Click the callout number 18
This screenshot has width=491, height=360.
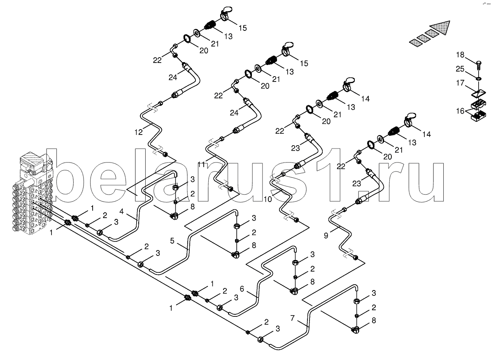(x=460, y=55)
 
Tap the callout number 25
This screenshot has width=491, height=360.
(x=460, y=69)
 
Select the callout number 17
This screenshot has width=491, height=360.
(x=460, y=83)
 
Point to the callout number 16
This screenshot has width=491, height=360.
(x=460, y=111)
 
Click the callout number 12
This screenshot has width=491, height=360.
(x=138, y=132)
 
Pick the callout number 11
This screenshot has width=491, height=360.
(x=201, y=164)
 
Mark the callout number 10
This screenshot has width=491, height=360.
(x=268, y=199)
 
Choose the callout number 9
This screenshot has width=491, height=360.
(x=326, y=235)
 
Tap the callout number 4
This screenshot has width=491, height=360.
(x=121, y=212)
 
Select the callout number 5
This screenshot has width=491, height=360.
(x=172, y=241)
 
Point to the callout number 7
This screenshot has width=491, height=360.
(x=293, y=318)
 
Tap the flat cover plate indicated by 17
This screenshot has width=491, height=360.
(x=478, y=93)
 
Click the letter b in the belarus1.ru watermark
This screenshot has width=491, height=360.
(x=65, y=175)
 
